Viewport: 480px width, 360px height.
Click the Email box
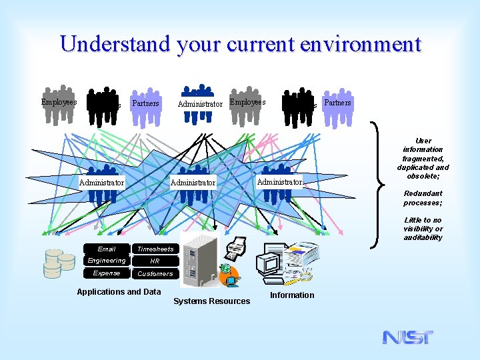106,249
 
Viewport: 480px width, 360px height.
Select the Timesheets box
155,249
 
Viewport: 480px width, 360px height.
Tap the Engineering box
106,261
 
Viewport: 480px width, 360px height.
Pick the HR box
155,261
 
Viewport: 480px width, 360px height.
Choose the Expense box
106,273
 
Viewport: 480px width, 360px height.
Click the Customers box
155,273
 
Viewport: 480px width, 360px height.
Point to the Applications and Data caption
119,292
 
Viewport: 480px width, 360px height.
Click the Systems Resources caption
211,301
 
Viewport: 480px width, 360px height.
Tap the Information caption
292,295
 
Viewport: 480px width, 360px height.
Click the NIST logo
407,337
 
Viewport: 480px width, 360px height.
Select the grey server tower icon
199,260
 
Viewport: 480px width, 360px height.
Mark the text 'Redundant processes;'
423,198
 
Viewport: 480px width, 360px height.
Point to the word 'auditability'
423,237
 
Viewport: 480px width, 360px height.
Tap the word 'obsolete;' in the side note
423,176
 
